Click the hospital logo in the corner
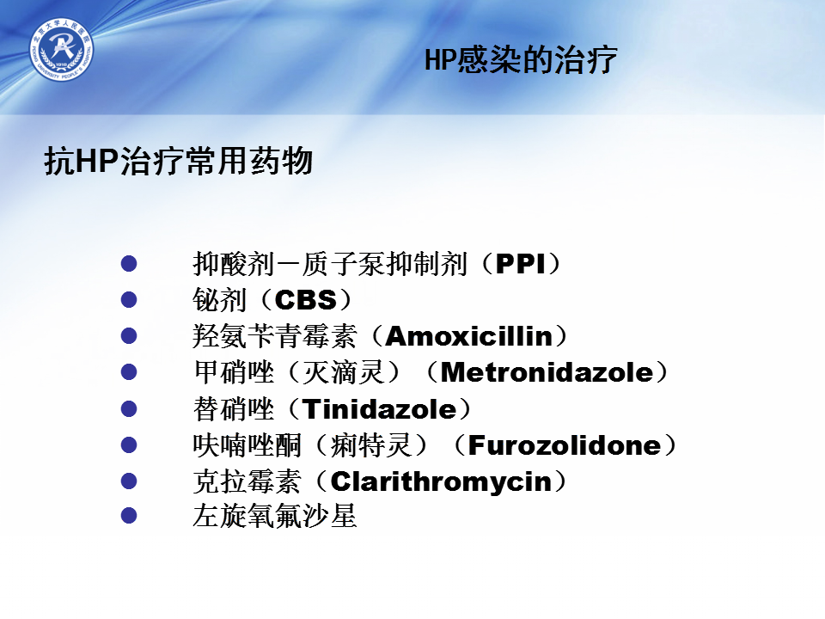[x=62, y=49]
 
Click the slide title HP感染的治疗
[x=521, y=59]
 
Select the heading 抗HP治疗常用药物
[x=179, y=161]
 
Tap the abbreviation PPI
[x=521, y=264]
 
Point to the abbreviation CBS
[x=306, y=300]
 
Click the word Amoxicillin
[x=469, y=336]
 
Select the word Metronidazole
[x=547, y=372]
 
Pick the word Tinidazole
[x=379, y=409]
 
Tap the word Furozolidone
[x=565, y=445]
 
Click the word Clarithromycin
[x=441, y=481]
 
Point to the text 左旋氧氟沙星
[x=275, y=516]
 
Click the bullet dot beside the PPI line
[x=129, y=263]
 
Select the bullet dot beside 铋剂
[x=129, y=299]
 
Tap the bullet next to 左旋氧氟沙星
[x=129, y=515]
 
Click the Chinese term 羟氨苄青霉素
[x=275, y=336]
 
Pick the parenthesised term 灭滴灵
[x=344, y=372]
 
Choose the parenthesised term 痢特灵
[x=371, y=445]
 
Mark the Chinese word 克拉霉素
[x=247, y=481]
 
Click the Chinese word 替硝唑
[x=234, y=409]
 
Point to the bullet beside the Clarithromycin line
[x=129, y=481]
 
